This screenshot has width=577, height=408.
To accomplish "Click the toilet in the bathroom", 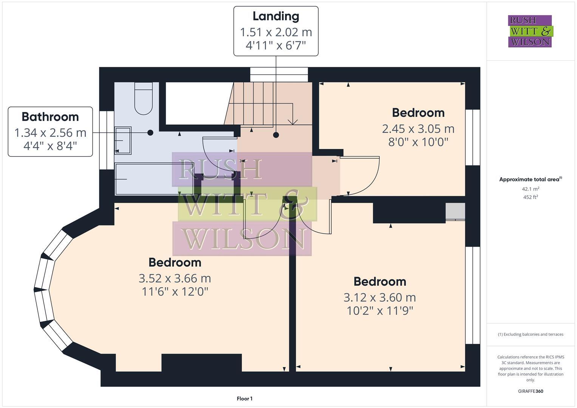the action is click(144, 98).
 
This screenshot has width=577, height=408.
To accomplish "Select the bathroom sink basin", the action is click(123, 141).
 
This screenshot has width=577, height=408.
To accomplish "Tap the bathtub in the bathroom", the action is click(154, 179).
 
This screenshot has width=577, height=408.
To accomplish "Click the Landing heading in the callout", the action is click(276, 16).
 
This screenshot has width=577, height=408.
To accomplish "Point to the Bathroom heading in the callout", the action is click(50, 117).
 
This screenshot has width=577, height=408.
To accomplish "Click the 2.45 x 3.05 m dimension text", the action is click(418, 129).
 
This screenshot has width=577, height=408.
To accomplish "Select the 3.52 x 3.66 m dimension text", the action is click(175, 278).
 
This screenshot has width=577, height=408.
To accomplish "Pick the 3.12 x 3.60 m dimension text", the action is click(380, 298).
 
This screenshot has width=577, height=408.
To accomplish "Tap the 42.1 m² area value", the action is click(531, 189).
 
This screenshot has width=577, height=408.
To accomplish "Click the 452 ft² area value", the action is click(531, 197).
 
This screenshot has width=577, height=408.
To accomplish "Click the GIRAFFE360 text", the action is click(531, 391).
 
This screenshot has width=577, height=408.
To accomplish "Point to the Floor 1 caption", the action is click(244, 399).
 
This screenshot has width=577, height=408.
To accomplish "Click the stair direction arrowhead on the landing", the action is click(292, 122).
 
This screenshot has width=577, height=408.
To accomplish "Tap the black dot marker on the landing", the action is click(276, 135).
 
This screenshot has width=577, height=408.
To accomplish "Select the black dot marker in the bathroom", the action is click(150, 133).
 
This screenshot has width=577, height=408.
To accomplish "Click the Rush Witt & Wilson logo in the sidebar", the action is click(531, 31).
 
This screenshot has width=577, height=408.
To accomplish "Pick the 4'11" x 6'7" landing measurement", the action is click(276, 46).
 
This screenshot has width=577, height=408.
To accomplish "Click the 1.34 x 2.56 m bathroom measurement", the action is click(50, 133).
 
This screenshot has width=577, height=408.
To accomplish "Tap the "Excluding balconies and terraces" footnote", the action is click(531, 334).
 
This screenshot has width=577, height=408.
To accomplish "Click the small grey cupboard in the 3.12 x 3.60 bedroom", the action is click(455, 212).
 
